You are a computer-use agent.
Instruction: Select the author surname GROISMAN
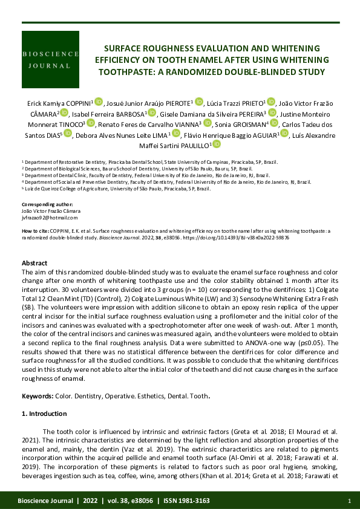249,123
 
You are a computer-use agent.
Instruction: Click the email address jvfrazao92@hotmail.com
46,217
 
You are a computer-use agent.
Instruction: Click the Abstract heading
34,263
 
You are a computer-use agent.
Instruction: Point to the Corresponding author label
47,206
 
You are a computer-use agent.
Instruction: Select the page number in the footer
350,501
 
